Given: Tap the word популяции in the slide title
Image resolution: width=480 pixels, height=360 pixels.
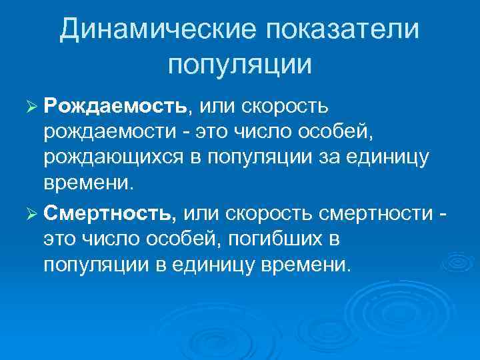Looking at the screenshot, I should click(240, 65).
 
